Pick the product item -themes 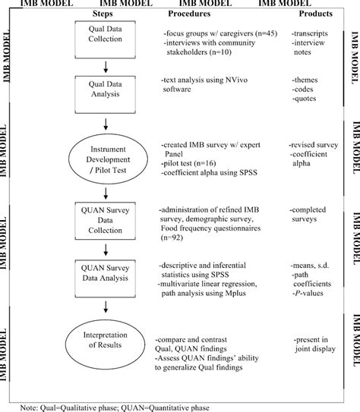[x=305, y=80]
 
